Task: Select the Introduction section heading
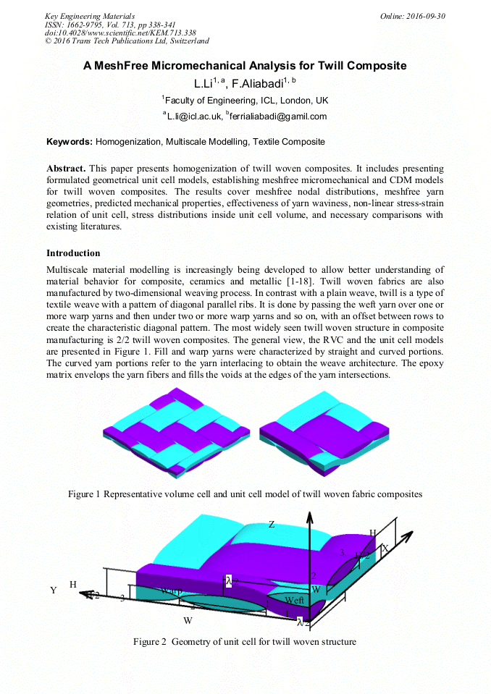(73, 253)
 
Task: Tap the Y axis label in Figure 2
(53, 590)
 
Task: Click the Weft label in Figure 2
(294, 600)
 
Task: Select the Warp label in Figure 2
(172, 591)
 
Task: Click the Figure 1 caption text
(245, 494)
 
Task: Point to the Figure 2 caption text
(245, 641)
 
